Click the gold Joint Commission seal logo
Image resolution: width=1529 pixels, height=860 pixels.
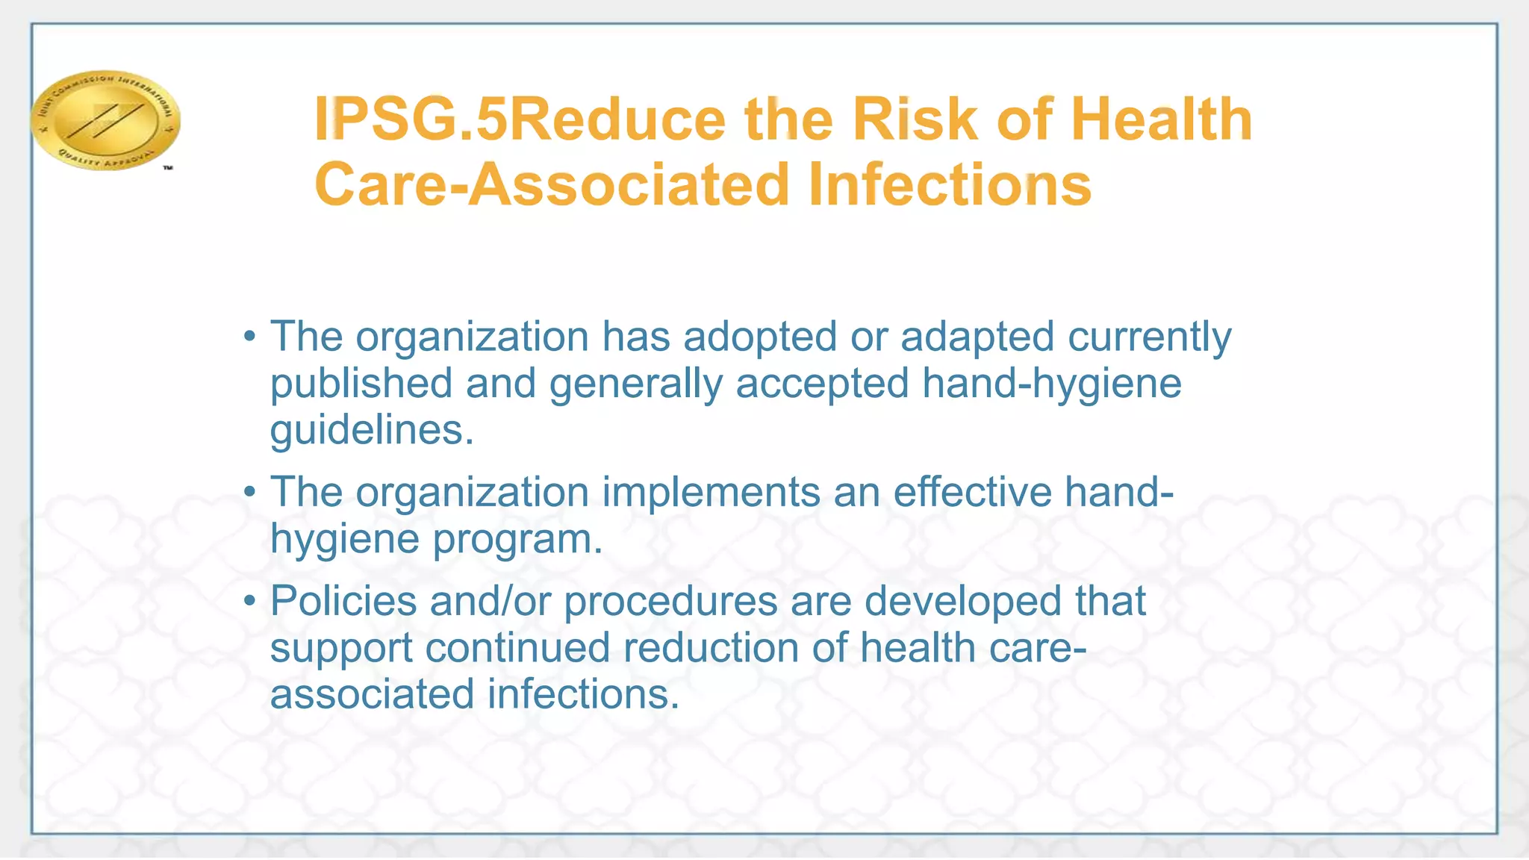coord(105,120)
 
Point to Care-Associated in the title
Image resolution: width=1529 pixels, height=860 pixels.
coord(552,184)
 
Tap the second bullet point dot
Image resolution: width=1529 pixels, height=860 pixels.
coord(250,492)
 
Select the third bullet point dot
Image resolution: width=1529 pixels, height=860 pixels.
coord(250,601)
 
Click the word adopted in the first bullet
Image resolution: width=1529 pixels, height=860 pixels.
coord(760,337)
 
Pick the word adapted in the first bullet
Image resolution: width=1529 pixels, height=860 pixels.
coord(977,337)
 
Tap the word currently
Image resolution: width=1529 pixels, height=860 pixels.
coord(1149,337)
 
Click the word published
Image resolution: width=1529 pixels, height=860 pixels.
coord(361,384)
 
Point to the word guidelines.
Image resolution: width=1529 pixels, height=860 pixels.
coord(371,430)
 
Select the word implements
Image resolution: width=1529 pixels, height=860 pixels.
coord(711,493)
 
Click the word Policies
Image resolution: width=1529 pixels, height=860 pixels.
coord(343,601)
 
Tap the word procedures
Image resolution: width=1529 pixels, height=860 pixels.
coord(670,602)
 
